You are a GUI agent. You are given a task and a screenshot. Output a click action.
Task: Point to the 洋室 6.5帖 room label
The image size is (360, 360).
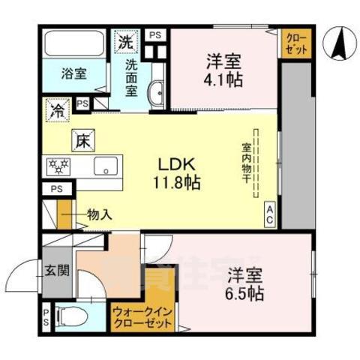tap(241, 283)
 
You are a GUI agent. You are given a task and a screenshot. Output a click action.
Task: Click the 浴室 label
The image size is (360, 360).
tap(73, 75)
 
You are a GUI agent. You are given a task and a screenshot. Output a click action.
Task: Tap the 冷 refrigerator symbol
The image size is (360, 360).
tap(57, 109)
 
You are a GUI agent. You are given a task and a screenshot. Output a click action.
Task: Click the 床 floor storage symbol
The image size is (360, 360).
tap(82, 139)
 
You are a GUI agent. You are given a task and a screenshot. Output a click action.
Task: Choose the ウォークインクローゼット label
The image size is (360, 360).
tap(142, 318)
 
